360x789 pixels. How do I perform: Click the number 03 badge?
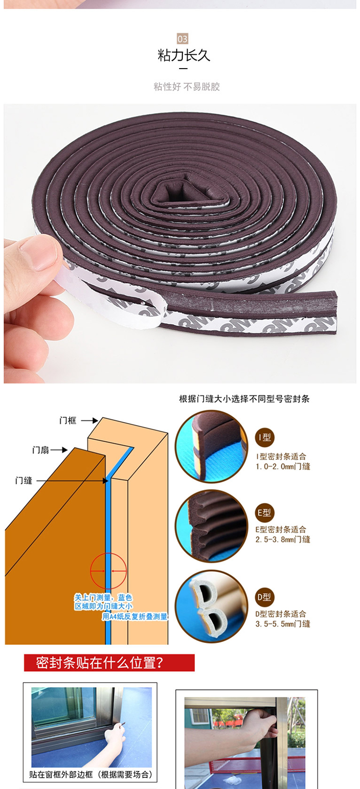pos(182,39)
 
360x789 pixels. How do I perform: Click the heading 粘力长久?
pos(184,55)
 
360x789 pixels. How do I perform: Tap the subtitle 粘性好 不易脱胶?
pos(187,86)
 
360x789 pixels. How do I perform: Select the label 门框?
pos(68,420)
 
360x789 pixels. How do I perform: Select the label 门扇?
pos(41,450)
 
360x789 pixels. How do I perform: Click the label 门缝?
pos(24,480)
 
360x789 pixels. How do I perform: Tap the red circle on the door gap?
pos(108,571)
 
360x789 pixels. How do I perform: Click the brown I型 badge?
pos(264,438)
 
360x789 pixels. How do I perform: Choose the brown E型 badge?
pos(264,513)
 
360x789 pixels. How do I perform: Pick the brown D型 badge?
pos(264,597)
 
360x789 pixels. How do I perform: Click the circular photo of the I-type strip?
pos(212,446)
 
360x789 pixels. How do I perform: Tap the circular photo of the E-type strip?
pos(212,526)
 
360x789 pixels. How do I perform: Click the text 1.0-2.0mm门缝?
pos(283,466)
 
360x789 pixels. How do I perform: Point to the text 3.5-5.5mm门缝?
pos(283,624)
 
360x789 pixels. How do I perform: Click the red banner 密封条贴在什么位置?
pos(109,663)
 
